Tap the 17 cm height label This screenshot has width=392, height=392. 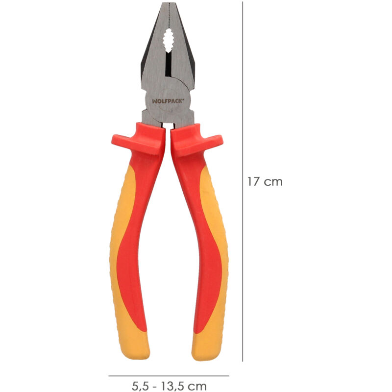tap(265, 182)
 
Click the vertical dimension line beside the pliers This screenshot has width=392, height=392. tap(243, 181)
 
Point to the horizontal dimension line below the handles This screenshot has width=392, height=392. tap(169, 376)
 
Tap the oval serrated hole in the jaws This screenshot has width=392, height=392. tap(169, 41)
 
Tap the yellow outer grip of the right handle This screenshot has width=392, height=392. tap(220, 245)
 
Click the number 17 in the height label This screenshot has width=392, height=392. tap(253, 182)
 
